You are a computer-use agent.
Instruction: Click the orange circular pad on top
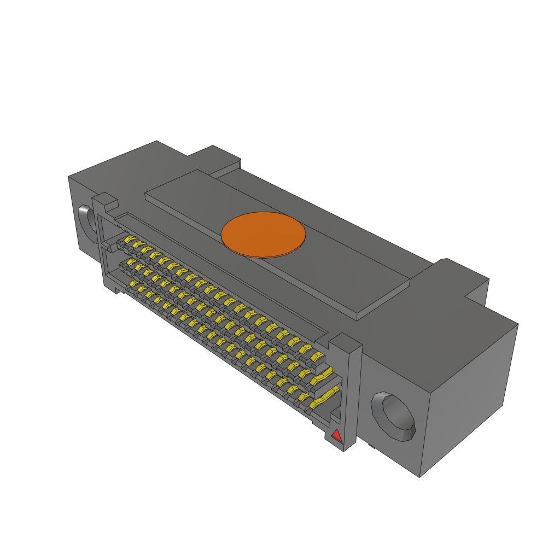click(263, 234)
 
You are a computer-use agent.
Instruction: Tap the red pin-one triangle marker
click(336, 436)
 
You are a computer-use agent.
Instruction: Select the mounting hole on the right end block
click(393, 416)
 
